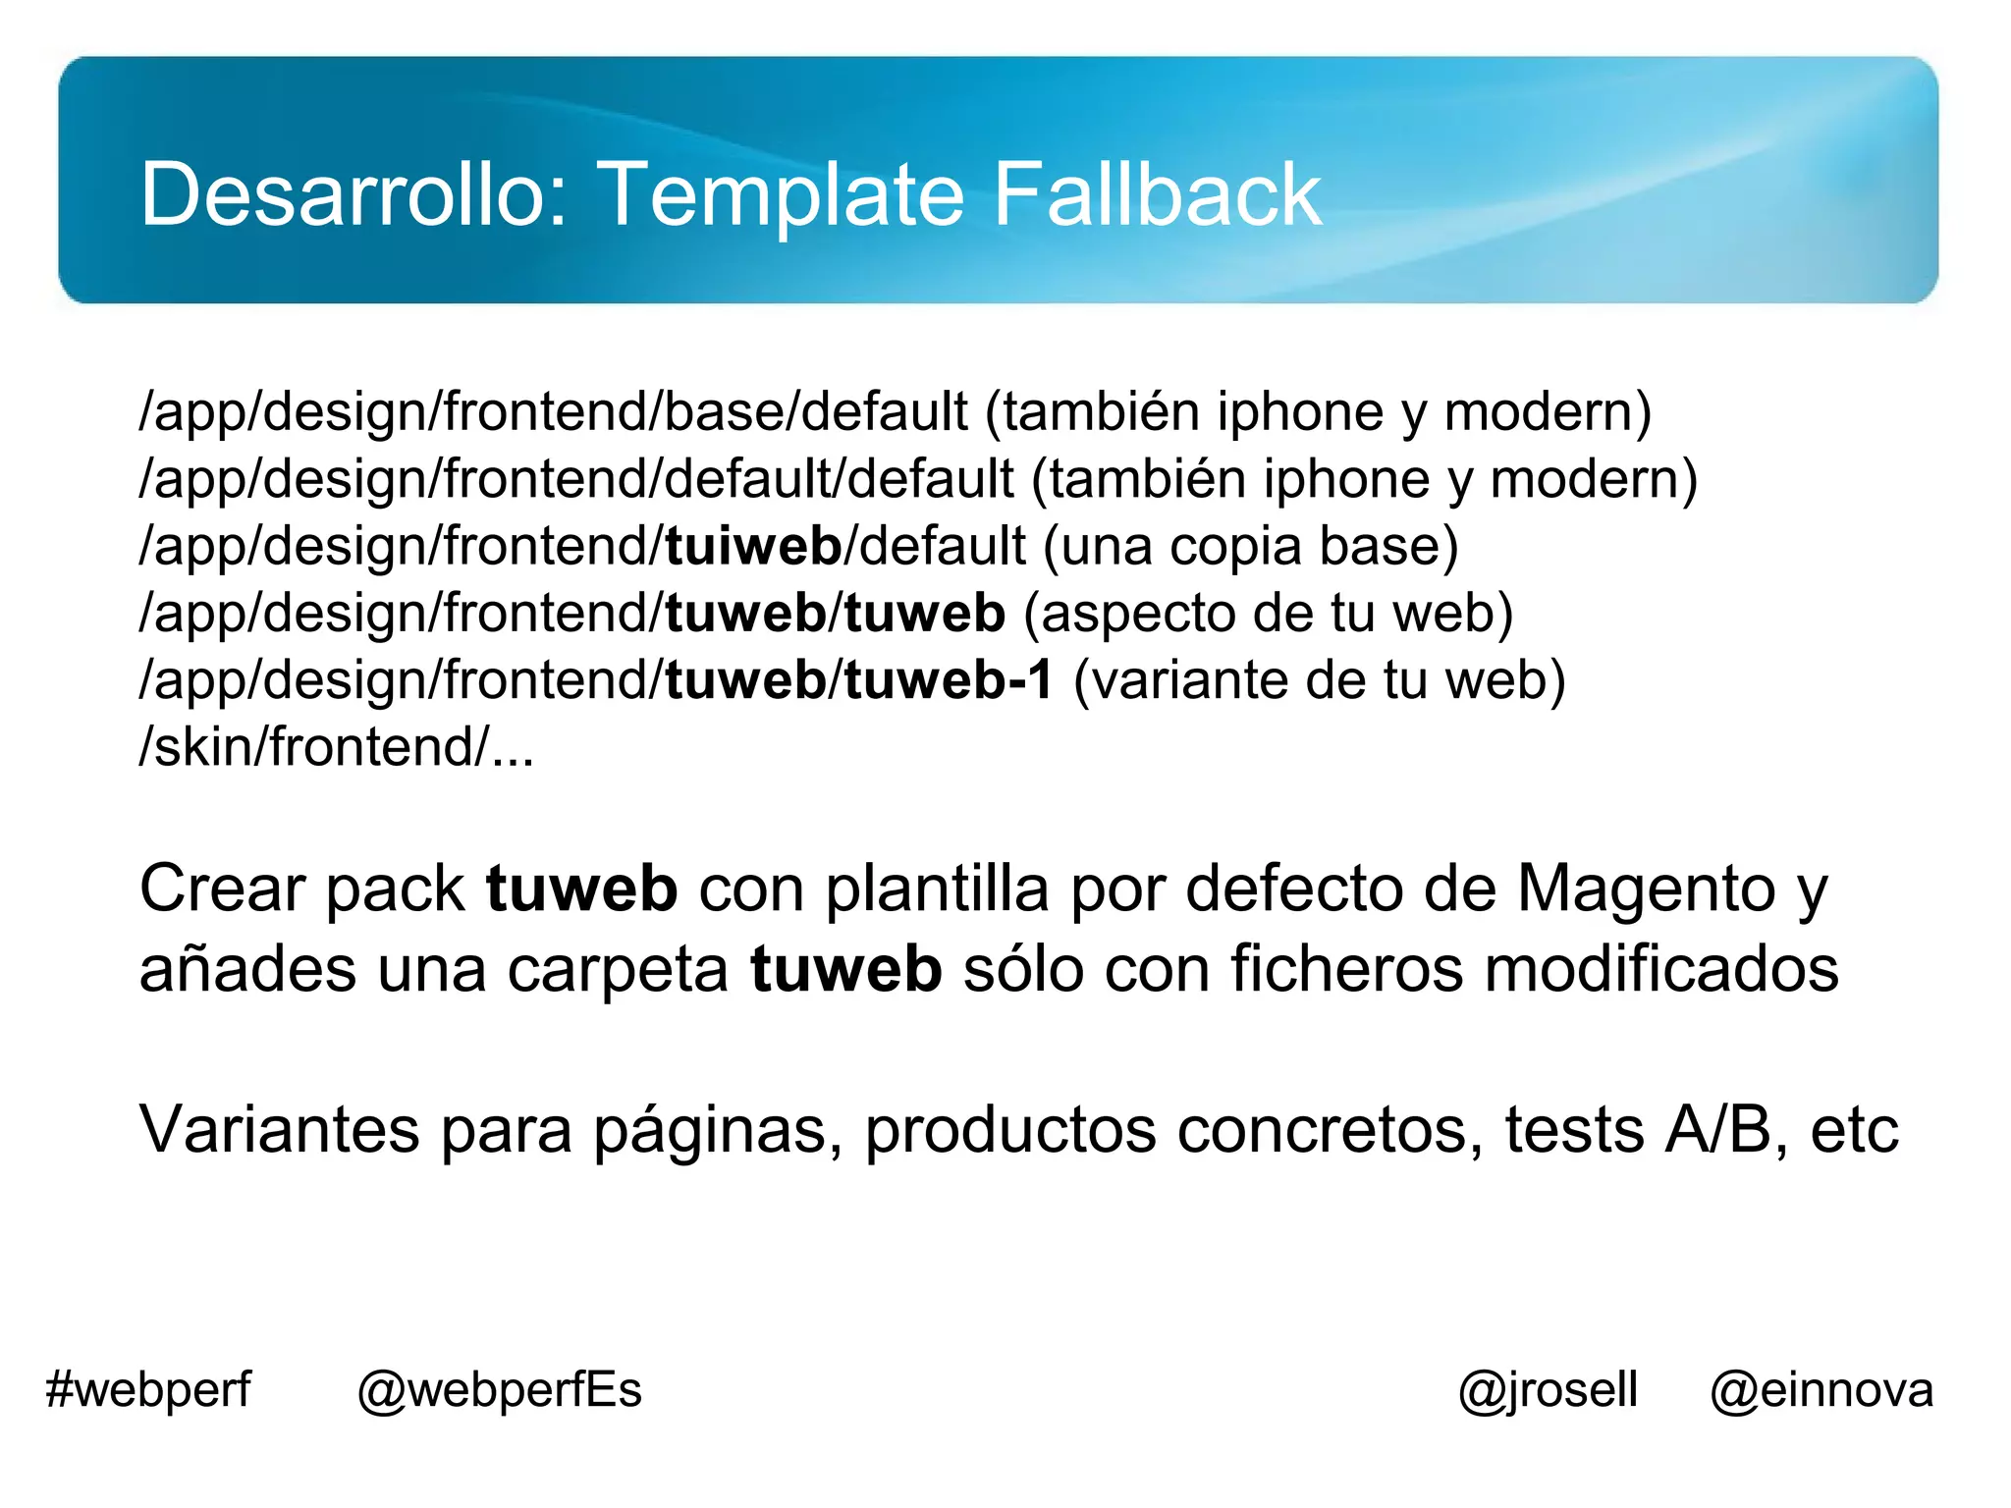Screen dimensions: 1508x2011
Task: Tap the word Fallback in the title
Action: point(1157,194)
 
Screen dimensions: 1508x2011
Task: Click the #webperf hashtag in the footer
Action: point(148,1390)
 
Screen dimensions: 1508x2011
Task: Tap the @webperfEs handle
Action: point(499,1390)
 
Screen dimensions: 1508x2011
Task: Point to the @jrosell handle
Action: point(1548,1390)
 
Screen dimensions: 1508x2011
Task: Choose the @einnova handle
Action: point(1821,1390)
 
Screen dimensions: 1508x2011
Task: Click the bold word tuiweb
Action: point(753,546)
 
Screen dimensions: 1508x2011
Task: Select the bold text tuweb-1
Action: point(949,679)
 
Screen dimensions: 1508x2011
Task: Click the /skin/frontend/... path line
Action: point(337,747)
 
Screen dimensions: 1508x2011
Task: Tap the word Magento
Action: point(1646,889)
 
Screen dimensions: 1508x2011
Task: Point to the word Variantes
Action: point(279,1129)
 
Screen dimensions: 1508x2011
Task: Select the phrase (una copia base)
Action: point(1251,546)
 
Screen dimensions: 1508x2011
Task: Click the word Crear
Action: point(222,889)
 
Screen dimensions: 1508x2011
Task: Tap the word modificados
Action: point(1660,969)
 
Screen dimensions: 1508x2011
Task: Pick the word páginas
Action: point(718,1129)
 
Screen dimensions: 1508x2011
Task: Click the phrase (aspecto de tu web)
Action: point(1268,613)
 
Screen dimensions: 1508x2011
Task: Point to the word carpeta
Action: point(618,969)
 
